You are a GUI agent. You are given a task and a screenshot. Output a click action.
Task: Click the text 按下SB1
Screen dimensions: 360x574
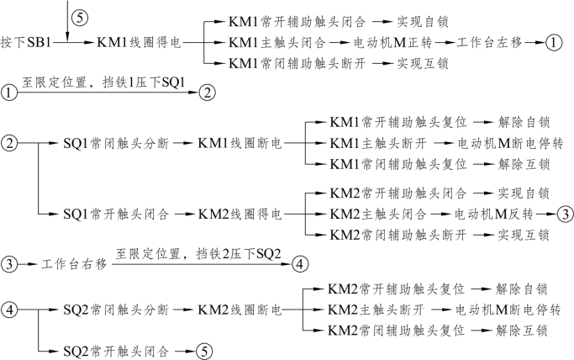click(24, 40)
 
